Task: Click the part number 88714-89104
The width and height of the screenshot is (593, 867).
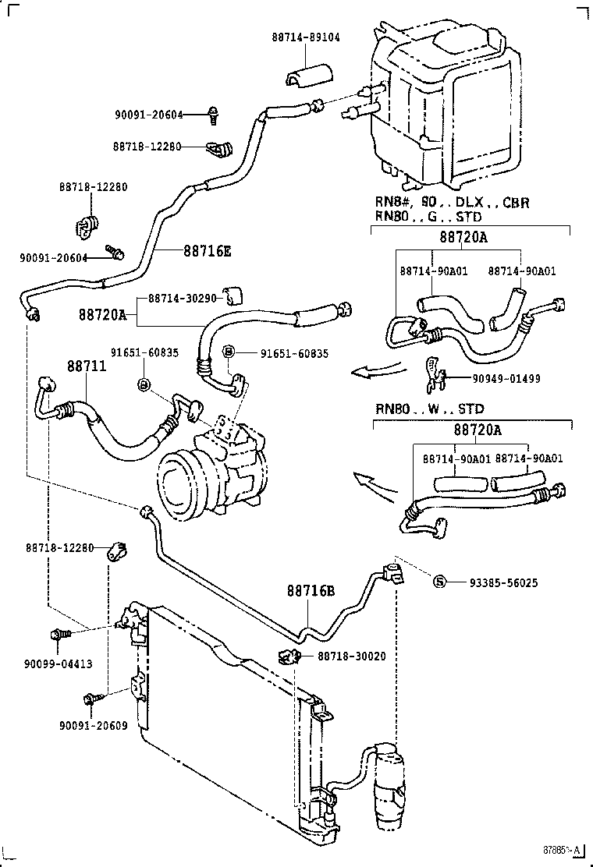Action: [x=306, y=37]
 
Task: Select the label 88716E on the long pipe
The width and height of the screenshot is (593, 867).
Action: [x=208, y=251]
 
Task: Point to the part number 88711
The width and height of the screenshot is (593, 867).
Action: [x=86, y=366]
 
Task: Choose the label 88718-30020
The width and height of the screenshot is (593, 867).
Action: [x=351, y=656]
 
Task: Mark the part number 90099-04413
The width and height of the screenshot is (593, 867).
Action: [x=59, y=664]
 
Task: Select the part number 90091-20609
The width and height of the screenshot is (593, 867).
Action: [x=93, y=725]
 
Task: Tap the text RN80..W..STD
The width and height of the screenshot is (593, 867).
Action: [x=429, y=409]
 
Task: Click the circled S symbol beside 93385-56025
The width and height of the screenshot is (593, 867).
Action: [x=439, y=582]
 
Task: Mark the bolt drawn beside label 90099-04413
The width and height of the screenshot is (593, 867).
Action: [x=59, y=635]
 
